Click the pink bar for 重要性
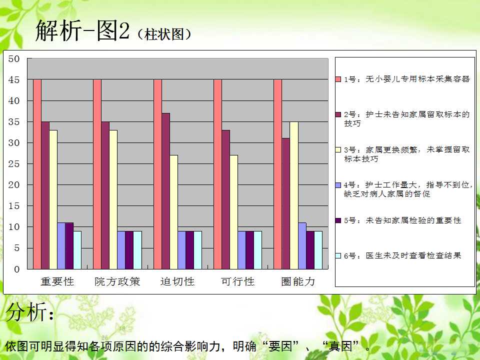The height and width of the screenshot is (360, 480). click(37, 174)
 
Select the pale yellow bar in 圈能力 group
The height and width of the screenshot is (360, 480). click(294, 195)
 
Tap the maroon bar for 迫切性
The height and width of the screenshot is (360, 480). click(165, 191)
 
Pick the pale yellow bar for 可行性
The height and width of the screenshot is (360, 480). click(234, 212)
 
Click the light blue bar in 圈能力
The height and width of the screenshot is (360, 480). click(302, 246)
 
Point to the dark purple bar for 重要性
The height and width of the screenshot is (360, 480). click(69, 246)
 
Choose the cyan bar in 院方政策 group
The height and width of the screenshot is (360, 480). click(137, 250)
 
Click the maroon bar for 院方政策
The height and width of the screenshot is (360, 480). click(105, 195)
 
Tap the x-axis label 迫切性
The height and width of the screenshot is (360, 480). click(177, 281)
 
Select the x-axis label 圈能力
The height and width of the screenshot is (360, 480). click(298, 281)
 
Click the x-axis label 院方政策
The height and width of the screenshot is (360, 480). click(117, 281)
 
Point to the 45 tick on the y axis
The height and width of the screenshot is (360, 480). click(14, 80)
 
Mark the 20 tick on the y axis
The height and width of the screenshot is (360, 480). click(14, 185)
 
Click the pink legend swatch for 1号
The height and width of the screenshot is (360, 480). click(338, 79)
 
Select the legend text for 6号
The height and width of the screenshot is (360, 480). click(402, 255)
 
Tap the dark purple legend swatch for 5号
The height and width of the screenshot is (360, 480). click(338, 220)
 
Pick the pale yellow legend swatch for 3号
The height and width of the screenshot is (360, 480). click(338, 149)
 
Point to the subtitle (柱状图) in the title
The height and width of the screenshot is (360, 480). click(164, 34)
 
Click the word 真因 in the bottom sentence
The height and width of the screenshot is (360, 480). click(340, 346)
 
